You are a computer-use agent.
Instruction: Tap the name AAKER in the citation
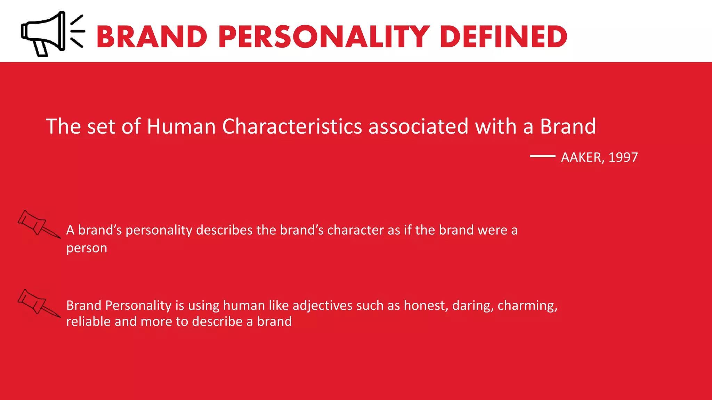tap(581, 158)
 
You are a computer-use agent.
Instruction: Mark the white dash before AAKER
tap(542, 156)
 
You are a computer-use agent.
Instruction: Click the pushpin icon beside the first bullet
tap(38, 224)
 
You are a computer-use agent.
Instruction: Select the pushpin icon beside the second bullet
tap(38, 303)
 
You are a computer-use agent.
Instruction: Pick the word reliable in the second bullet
tap(88, 322)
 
